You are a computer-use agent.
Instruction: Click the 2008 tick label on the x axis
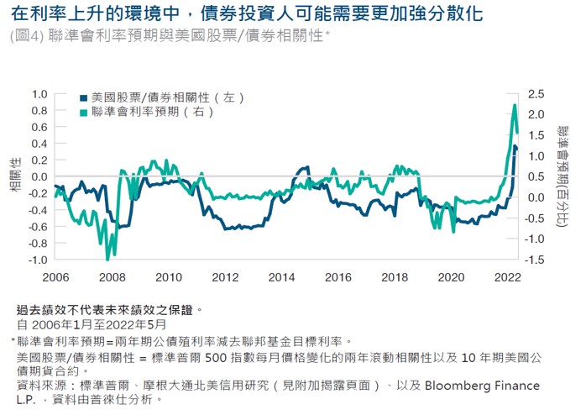click(112, 277)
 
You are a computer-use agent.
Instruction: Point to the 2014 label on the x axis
click(282, 277)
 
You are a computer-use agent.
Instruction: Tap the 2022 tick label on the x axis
click(507, 277)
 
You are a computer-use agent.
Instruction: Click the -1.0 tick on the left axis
click(38, 260)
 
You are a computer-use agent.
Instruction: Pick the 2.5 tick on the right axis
click(536, 93)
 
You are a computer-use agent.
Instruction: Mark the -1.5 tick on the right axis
click(535, 260)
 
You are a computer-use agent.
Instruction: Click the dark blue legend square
click(83, 97)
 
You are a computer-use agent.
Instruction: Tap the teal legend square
click(83, 112)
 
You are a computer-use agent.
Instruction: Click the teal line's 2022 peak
click(515, 105)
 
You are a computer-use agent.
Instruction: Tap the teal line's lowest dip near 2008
click(107, 259)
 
